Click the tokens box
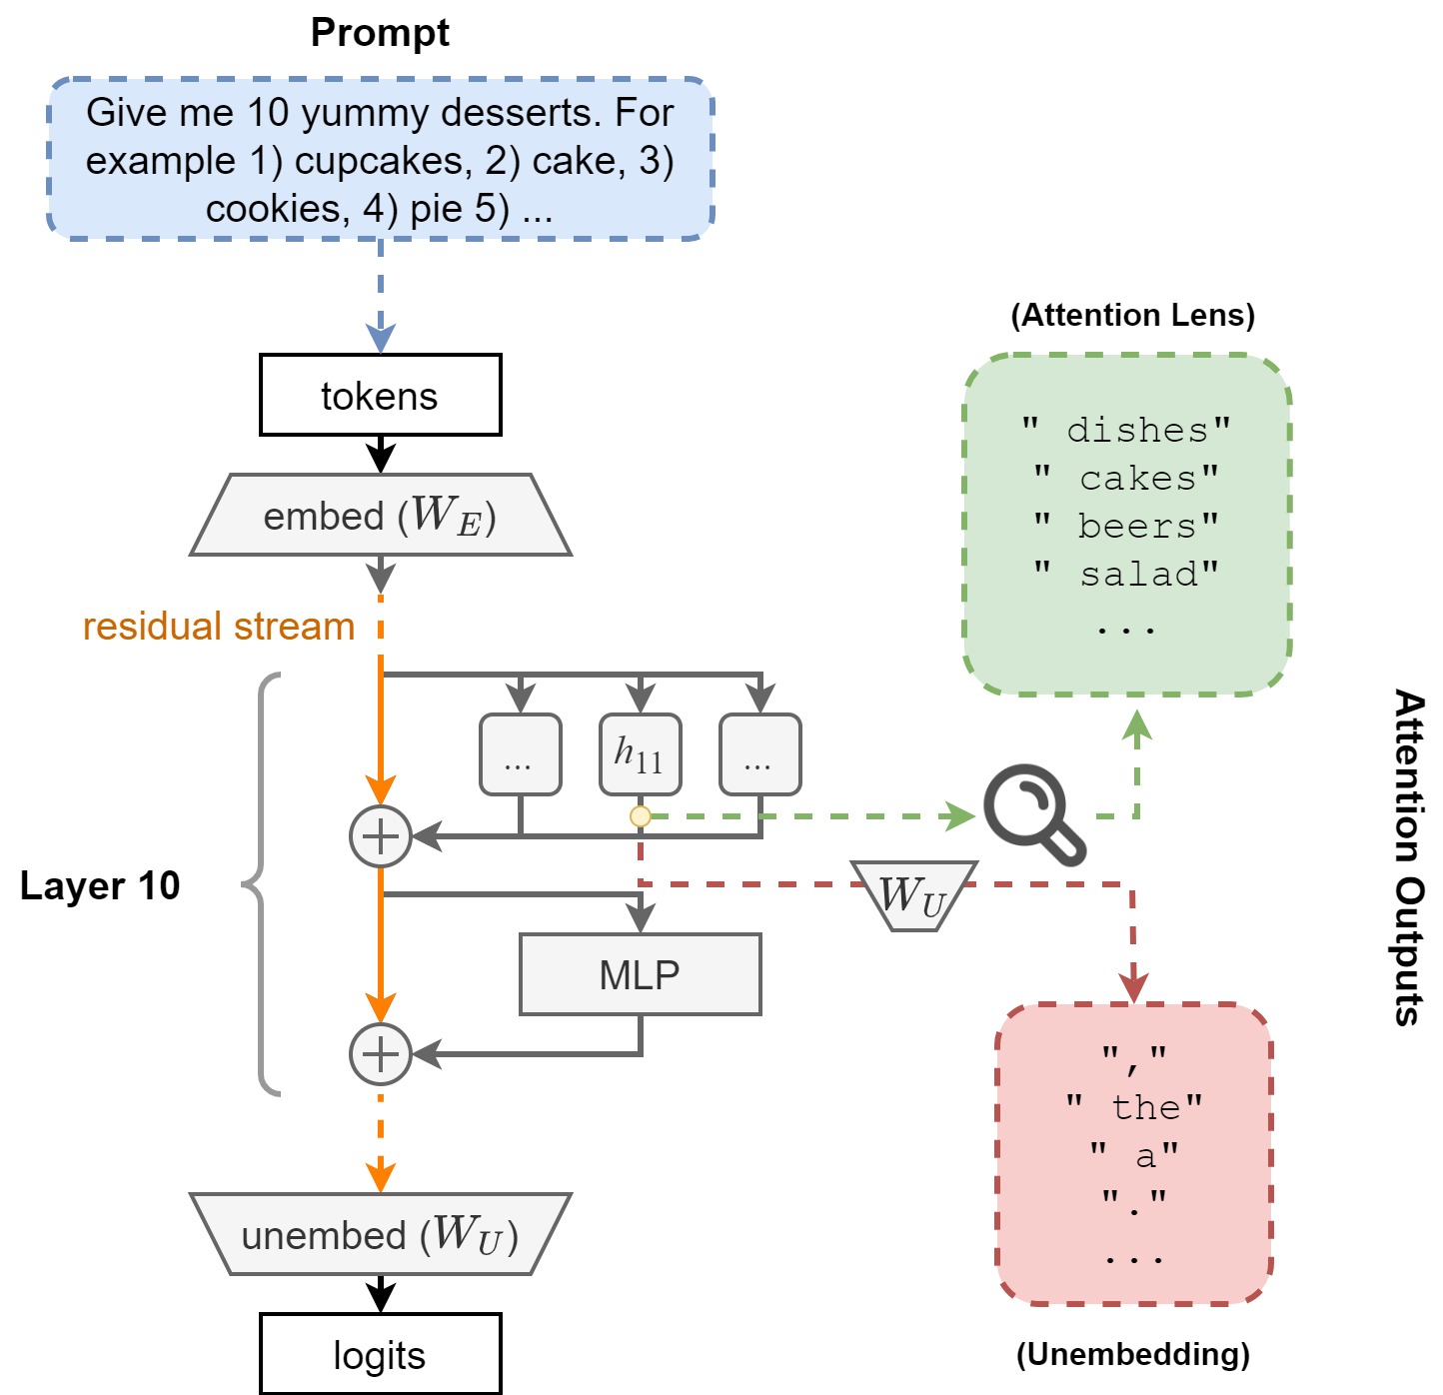(x=380, y=396)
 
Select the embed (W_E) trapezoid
(x=380, y=516)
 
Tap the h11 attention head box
(x=640, y=754)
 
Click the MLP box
(x=640, y=974)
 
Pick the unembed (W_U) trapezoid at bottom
(x=380, y=1235)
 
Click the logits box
(x=380, y=1355)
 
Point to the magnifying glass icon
(x=1033, y=813)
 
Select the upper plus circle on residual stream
(x=381, y=836)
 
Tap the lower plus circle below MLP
(x=381, y=1054)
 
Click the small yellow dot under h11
(x=641, y=816)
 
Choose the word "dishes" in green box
(x=1137, y=431)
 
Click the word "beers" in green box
(x=1136, y=526)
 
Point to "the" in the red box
(x=1145, y=1107)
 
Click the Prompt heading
(x=380, y=33)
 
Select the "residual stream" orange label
(x=219, y=627)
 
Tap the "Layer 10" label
(x=100, y=885)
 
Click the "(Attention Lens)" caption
(x=1133, y=316)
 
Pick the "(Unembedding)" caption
(x=1133, y=1354)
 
